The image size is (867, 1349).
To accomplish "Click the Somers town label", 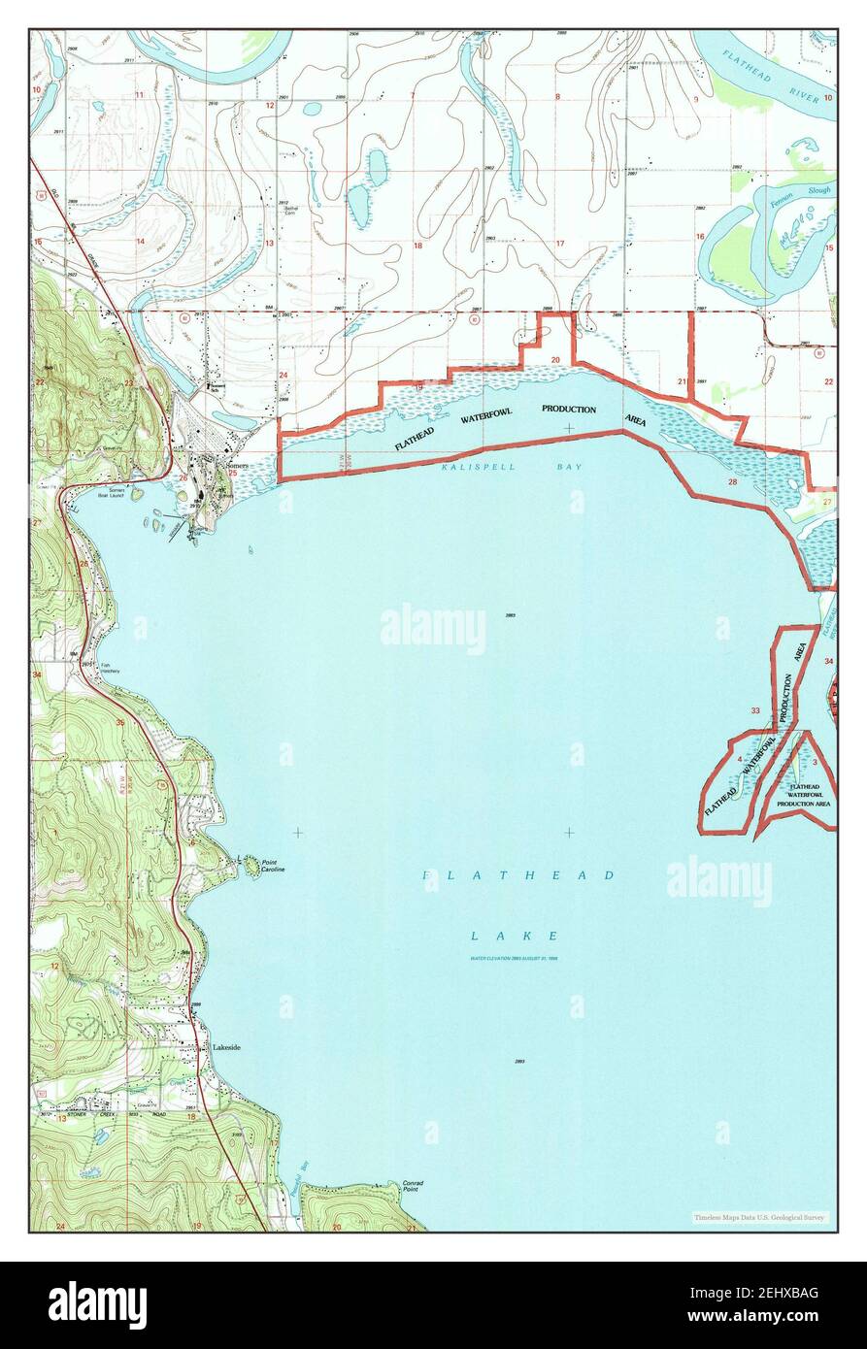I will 238,465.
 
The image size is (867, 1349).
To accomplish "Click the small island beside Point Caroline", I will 250,863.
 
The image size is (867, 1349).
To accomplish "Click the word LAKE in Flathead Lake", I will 515,936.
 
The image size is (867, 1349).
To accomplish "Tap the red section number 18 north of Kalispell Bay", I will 418,246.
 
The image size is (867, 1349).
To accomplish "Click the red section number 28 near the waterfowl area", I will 733,481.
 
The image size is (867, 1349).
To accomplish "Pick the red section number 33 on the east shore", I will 755,711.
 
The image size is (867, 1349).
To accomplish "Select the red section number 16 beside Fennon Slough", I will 698,237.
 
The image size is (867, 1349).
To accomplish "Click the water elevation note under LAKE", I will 516,958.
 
